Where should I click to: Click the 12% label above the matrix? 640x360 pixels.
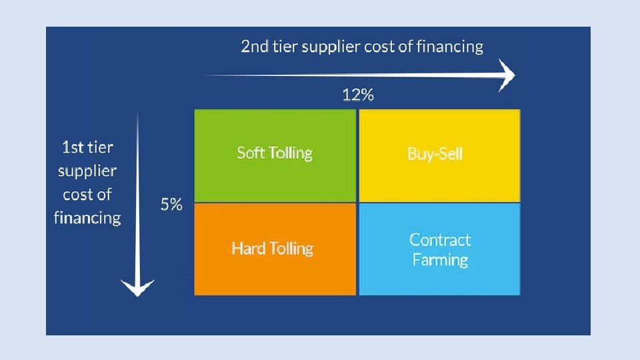(358, 95)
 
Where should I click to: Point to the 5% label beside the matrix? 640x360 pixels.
(171, 205)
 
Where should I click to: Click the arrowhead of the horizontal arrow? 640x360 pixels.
(508, 75)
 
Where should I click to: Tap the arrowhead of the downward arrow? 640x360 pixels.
(137, 287)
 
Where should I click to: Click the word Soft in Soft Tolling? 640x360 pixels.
(250, 153)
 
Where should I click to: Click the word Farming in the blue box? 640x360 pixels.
(440, 259)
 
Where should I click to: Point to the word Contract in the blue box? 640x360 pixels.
(440, 240)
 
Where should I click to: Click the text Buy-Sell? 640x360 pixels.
(435, 154)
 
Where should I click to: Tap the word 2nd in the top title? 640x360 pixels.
(254, 47)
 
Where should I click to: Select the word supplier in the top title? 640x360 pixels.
(331, 47)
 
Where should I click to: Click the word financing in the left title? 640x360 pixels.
(87, 217)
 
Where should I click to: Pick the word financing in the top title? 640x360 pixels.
(450, 47)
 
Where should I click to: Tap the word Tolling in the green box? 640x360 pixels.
(290, 153)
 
